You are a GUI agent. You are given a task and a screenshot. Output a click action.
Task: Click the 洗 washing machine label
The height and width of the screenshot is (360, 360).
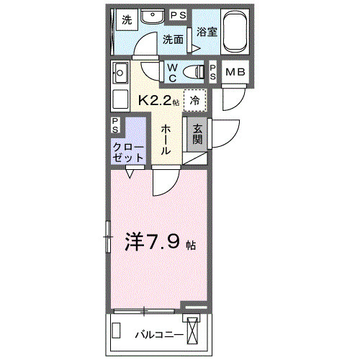pos(127,19)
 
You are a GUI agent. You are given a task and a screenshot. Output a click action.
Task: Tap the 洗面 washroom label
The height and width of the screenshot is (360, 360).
pos(174,40)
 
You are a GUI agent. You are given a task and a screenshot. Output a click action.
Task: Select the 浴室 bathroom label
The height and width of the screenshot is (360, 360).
pos(206,32)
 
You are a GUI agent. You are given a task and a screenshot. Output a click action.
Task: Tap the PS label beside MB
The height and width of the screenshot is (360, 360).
pos(214,71)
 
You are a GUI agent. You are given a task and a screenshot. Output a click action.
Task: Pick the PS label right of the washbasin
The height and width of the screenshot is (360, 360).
pos(178,16)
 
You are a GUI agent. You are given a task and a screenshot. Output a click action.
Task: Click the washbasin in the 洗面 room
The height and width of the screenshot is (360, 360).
pos(151,17)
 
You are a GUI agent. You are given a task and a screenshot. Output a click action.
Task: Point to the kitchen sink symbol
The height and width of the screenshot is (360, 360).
pos(119,73)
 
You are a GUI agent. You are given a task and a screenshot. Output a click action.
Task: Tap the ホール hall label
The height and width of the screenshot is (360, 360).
pos(166,140)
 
